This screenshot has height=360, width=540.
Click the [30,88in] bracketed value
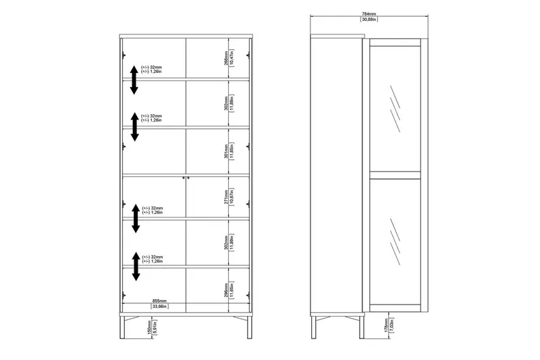(x=368, y=20)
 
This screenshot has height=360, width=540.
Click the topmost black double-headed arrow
(x=135, y=80)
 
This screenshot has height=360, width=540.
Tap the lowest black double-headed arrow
(x=136, y=266)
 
